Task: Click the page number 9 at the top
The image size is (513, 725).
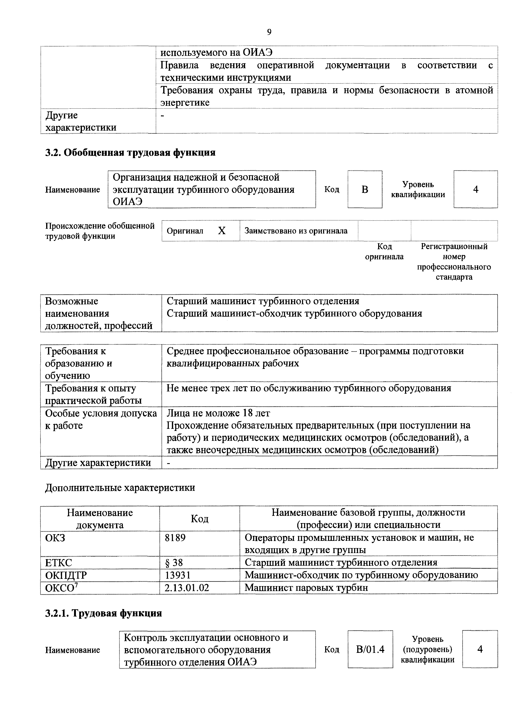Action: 269,32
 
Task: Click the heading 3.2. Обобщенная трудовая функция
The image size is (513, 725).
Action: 130,153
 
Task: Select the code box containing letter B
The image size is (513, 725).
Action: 365,190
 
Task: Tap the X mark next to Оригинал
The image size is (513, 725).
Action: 222,231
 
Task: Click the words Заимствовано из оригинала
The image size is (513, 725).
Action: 296,231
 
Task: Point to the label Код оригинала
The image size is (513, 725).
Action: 384,251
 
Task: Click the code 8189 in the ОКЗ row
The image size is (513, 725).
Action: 175,537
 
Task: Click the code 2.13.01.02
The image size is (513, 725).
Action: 187,588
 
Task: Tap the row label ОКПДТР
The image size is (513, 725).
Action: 66,575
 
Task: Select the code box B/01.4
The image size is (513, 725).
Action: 370,650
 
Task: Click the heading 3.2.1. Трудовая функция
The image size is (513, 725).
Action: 103,613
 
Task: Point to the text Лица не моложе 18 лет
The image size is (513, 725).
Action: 218,413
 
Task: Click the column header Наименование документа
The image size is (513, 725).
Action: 100,519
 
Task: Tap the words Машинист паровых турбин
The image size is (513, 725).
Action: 306,588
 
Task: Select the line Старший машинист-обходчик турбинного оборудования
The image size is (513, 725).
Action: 294,314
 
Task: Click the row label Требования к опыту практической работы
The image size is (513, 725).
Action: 93,394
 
